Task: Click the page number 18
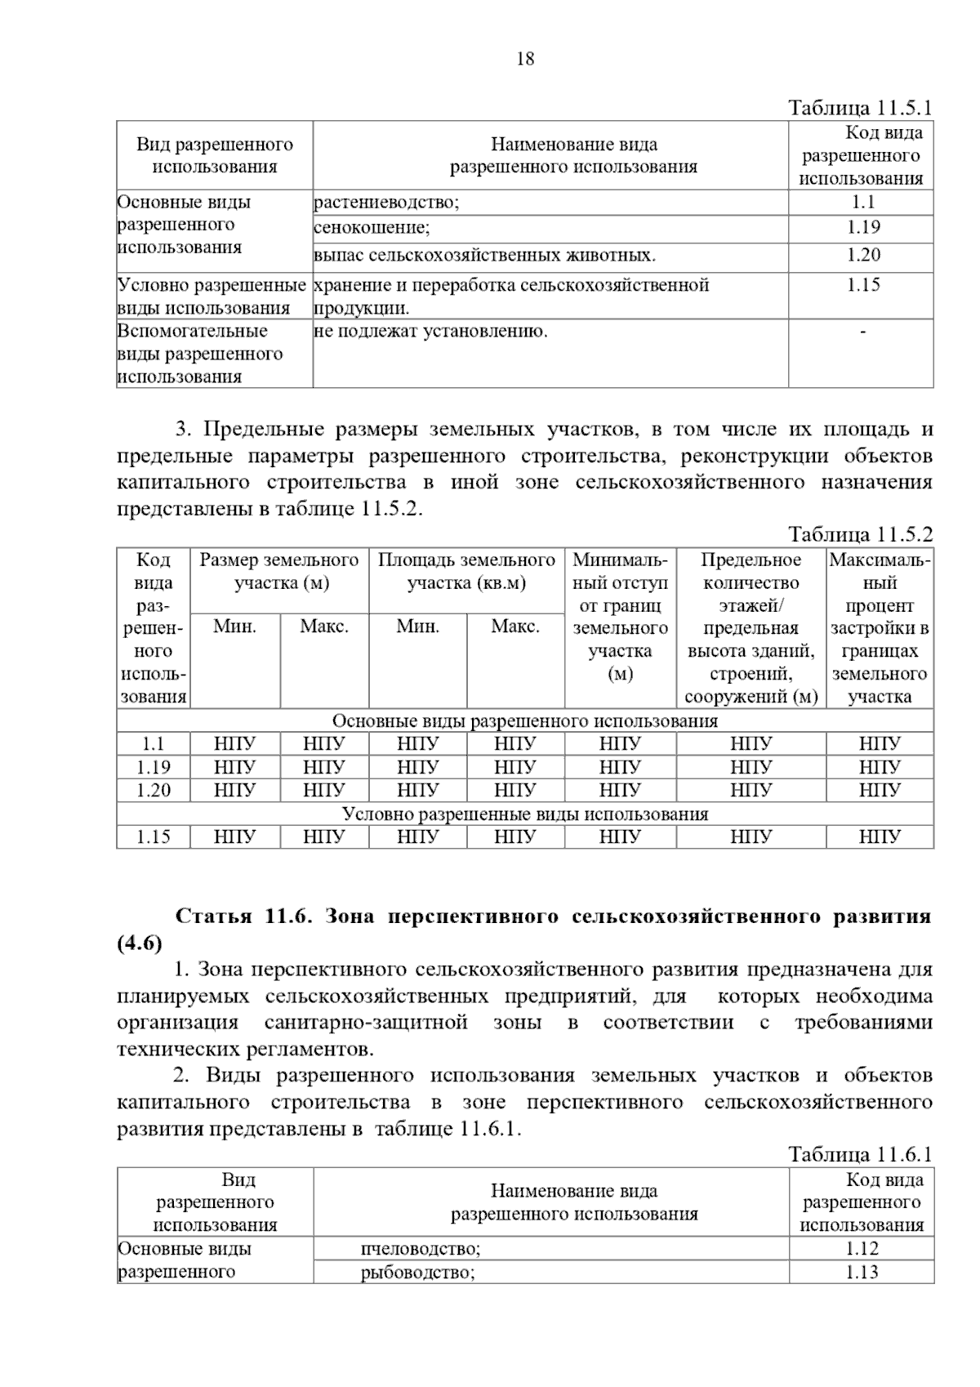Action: coord(525,59)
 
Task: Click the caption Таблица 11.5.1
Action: coord(860,108)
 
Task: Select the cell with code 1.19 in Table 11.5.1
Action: coord(862,227)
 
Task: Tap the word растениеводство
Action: coord(386,203)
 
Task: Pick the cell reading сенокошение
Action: coord(372,228)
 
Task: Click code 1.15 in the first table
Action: coord(862,285)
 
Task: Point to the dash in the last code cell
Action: coord(862,332)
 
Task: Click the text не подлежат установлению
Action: coord(431,332)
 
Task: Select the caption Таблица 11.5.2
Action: coord(860,535)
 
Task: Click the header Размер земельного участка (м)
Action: coord(279,572)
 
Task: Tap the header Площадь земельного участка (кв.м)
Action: coord(466,572)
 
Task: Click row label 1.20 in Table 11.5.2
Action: coord(154,790)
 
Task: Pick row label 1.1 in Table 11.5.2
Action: coord(154,743)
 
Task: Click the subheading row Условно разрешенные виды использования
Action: coord(525,814)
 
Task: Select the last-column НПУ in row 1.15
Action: coord(880,836)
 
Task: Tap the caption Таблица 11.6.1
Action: coord(860,1154)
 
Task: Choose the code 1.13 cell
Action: coord(862,1272)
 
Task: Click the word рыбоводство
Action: coord(417,1273)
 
